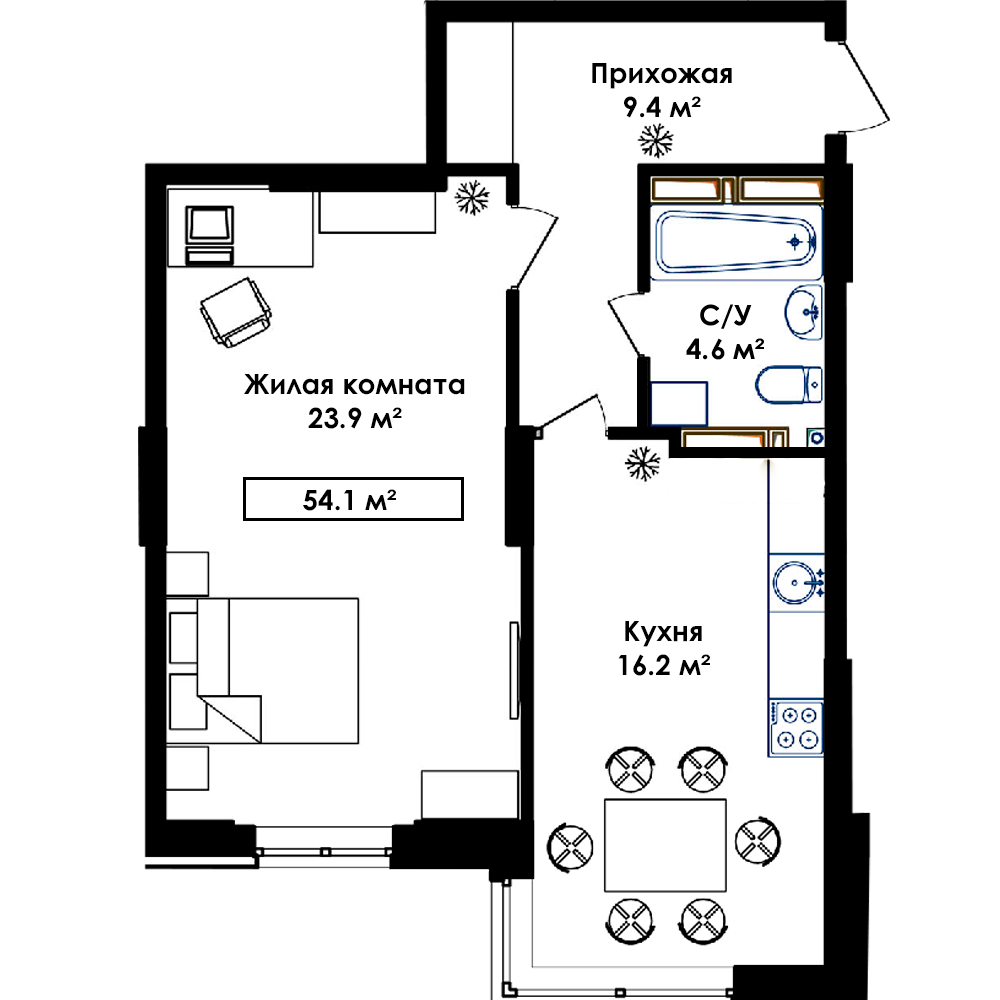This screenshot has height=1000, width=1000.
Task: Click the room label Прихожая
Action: (661, 75)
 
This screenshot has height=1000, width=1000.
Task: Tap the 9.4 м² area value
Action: (662, 107)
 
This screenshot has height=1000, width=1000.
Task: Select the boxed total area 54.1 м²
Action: (353, 499)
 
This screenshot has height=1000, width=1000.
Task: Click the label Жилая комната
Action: (355, 385)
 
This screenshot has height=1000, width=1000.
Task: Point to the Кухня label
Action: (663, 631)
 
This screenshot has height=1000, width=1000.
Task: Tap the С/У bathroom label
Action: (725, 314)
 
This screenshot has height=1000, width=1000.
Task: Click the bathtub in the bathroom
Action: (736, 242)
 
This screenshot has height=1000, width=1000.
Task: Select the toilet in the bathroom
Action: (789, 385)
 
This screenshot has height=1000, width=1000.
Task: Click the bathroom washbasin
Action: (804, 312)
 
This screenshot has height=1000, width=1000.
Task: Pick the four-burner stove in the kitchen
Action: (796, 728)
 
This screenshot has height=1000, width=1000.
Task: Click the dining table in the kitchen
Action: (665, 845)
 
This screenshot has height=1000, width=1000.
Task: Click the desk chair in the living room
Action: (236, 312)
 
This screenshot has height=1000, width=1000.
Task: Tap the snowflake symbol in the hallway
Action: (656, 140)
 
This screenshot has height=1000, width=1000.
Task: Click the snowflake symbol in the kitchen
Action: (642, 464)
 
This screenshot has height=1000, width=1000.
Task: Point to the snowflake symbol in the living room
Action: (472, 197)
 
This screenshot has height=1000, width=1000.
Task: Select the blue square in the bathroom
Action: (679, 404)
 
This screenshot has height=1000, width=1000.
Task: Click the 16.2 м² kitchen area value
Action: (664, 665)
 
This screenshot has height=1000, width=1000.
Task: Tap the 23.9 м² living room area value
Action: (355, 418)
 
